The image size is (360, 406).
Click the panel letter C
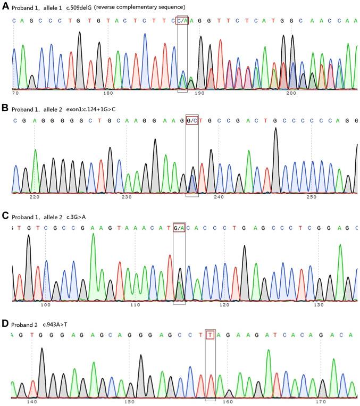click(5, 216)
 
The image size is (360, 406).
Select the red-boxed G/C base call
click(192, 121)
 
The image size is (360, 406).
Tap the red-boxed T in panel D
click(211, 335)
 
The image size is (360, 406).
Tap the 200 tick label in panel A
click(291, 93)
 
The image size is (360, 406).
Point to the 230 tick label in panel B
click(127, 197)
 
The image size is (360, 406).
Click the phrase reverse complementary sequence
click(146, 7)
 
